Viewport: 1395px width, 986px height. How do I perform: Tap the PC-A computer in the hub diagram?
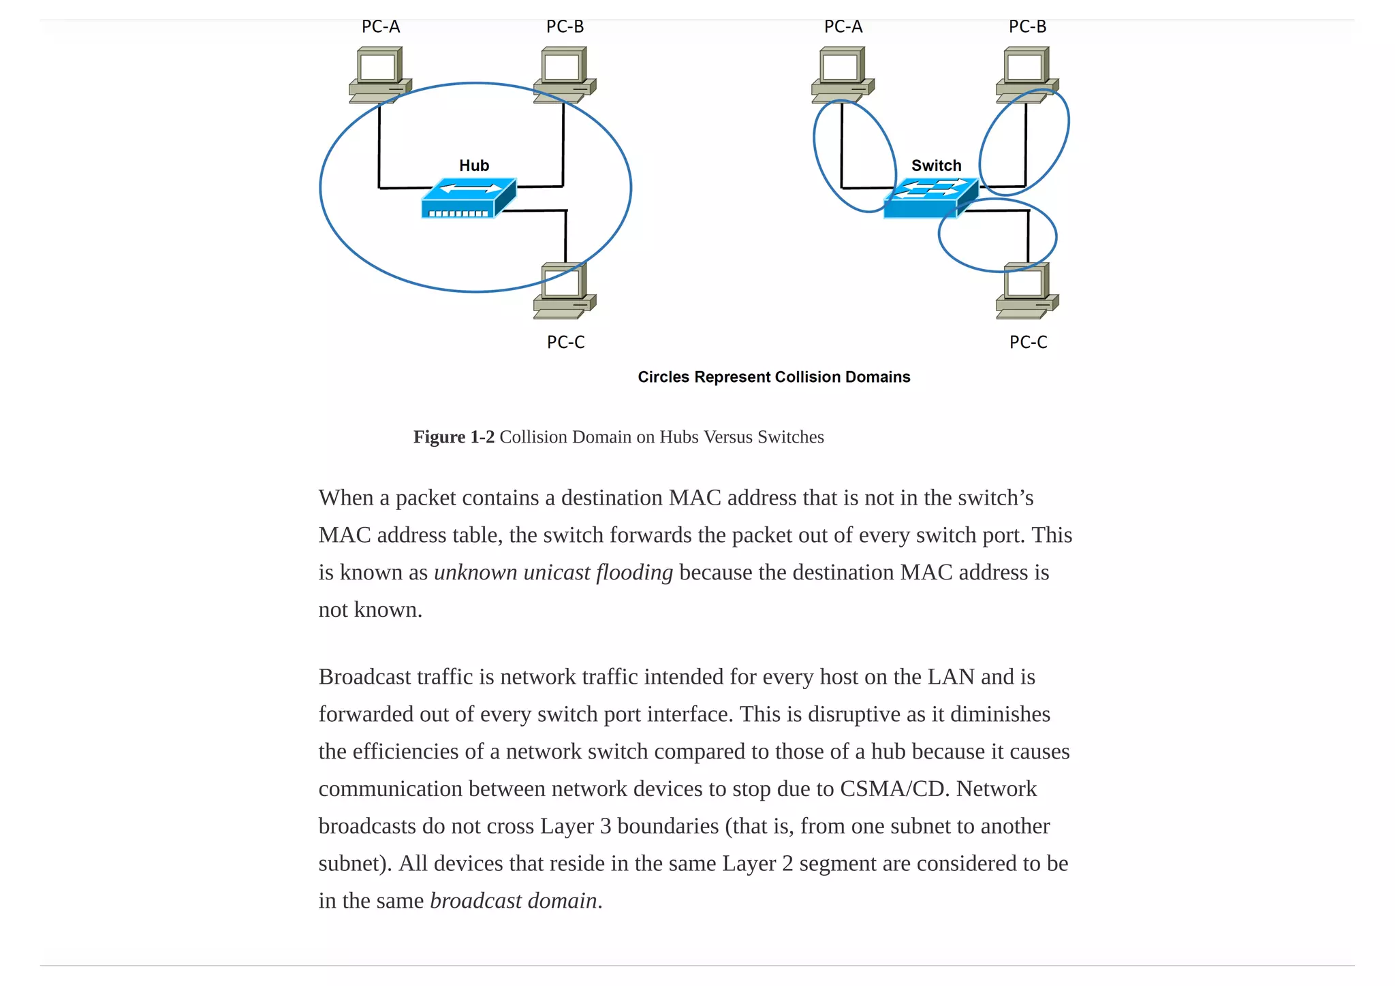(379, 74)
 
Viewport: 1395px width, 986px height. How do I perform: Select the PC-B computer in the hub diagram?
(564, 74)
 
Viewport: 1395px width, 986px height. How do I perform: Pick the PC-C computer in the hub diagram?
(564, 291)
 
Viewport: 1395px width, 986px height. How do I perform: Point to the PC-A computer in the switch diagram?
(842, 74)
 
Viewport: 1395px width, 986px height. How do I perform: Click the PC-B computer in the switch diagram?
(1026, 74)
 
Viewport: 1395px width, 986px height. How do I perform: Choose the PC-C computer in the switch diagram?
(1026, 291)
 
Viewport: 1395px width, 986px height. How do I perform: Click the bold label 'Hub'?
(474, 165)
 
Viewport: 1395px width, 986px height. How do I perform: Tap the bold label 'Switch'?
(936, 165)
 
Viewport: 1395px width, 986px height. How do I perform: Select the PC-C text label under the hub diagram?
(565, 342)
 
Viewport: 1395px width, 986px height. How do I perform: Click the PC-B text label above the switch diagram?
(1027, 27)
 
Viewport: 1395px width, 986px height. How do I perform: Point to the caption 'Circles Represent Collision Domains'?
(774, 377)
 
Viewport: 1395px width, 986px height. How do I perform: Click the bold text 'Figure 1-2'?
(454, 436)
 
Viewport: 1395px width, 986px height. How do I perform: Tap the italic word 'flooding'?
(634, 572)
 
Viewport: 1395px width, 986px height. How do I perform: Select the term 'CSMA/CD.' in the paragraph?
(894, 789)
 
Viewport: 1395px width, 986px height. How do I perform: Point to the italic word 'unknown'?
(475, 572)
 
